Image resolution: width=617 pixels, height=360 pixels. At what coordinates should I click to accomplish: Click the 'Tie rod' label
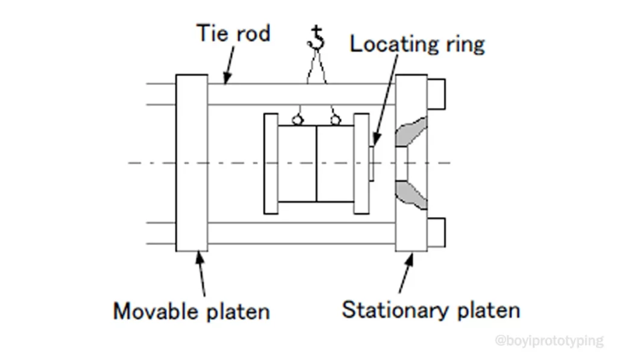[234, 33]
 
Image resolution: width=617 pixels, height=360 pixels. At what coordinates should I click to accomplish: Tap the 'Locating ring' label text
[417, 44]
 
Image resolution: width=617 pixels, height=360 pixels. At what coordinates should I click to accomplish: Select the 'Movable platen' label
[192, 311]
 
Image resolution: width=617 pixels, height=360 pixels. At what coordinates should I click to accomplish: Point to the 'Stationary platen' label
[431, 310]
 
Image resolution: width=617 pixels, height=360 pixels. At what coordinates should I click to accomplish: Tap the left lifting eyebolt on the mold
[296, 120]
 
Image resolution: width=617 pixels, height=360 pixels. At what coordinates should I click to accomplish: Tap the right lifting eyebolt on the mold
[336, 120]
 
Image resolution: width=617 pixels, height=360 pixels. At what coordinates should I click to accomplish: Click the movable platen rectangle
[192, 163]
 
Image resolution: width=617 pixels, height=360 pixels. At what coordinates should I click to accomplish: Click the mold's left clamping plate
[271, 163]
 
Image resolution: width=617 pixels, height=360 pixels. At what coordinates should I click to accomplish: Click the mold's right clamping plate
[361, 163]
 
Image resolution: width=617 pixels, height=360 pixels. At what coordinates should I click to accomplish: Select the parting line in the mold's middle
[316, 163]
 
